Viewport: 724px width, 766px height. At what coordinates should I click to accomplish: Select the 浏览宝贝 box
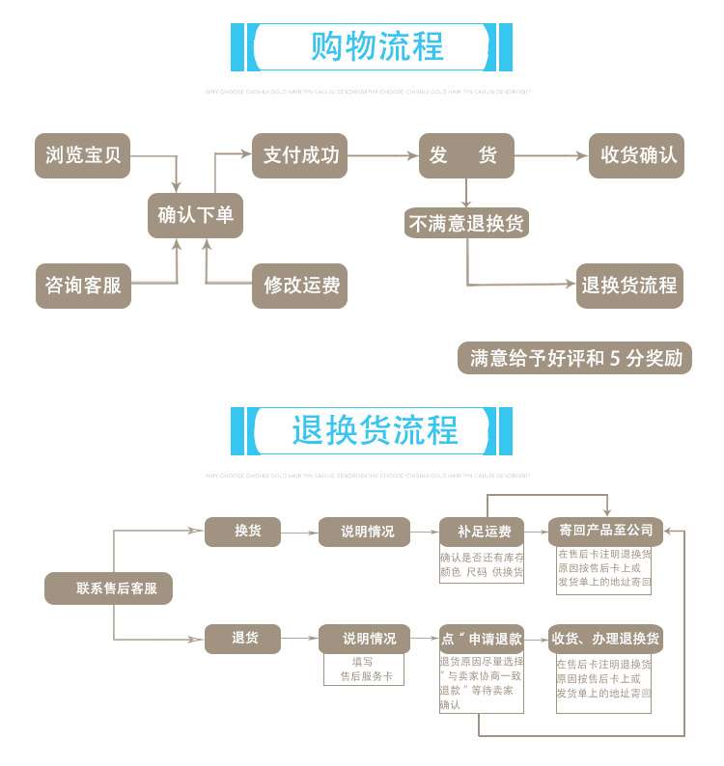(x=83, y=155)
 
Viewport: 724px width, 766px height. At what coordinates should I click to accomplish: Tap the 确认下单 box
(x=195, y=215)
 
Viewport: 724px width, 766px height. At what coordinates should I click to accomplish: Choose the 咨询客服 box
(x=83, y=286)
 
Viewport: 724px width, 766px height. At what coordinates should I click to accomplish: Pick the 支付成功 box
(x=300, y=155)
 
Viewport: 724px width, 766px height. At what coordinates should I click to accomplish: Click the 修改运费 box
(x=300, y=286)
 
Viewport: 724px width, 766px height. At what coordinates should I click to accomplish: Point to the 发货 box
(x=465, y=155)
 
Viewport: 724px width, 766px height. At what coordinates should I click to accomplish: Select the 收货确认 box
(x=637, y=155)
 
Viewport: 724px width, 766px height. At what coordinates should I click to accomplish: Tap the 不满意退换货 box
(x=466, y=224)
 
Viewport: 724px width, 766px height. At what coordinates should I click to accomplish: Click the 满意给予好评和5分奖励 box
(x=575, y=359)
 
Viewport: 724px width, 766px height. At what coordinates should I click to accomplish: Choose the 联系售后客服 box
(x=109, y=588)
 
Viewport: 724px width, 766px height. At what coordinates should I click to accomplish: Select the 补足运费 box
(x=482, y=532)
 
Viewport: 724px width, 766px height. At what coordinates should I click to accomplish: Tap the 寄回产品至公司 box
(x=605, y=530)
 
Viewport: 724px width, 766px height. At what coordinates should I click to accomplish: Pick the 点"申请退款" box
(x=482, y=639)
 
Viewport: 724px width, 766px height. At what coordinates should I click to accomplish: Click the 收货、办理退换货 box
(x=605, y=639)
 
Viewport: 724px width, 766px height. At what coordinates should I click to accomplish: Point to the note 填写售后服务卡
(x=361, y=670)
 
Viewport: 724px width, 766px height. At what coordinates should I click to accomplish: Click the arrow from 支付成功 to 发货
(x=382, y=155)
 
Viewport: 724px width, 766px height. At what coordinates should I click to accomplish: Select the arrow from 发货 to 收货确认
(x=551, y=155)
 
